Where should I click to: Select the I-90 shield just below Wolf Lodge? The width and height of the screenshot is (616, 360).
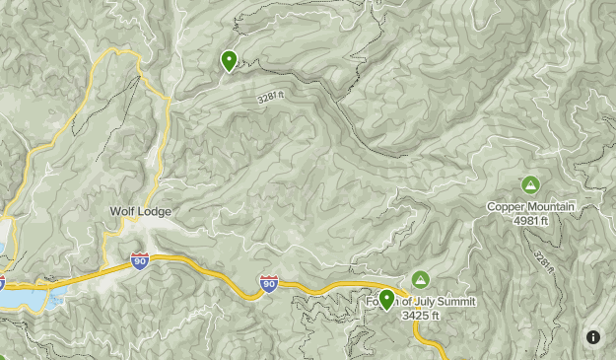pyautogui.click(x=140, y=261)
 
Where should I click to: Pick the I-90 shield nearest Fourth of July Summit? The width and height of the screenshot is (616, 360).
pyautogui.click(x=269, y=283)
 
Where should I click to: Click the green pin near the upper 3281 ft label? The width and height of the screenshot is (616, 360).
pyautogui.click(x=229, y=62)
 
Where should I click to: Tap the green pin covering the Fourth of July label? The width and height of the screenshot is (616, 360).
pyautogui.click(x=386, y=299)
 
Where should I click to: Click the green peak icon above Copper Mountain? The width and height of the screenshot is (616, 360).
pyautogui.click(x=530, y=184)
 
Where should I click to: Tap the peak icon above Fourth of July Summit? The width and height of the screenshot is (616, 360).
pyautogui.click(x=421, y=280)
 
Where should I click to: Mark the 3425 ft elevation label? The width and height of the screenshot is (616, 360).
pyautogui.click(x=422, y=315)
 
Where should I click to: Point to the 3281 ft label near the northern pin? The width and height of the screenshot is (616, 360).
pyautogui.click(x=271, y=98)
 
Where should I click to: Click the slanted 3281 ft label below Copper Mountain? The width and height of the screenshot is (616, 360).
pyautogui.click(x=544, y=261)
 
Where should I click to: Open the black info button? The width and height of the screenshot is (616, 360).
pyautogui.click(x=593, y=337)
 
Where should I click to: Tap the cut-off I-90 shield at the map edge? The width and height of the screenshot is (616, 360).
pyautogui.click(x=2, y=283)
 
